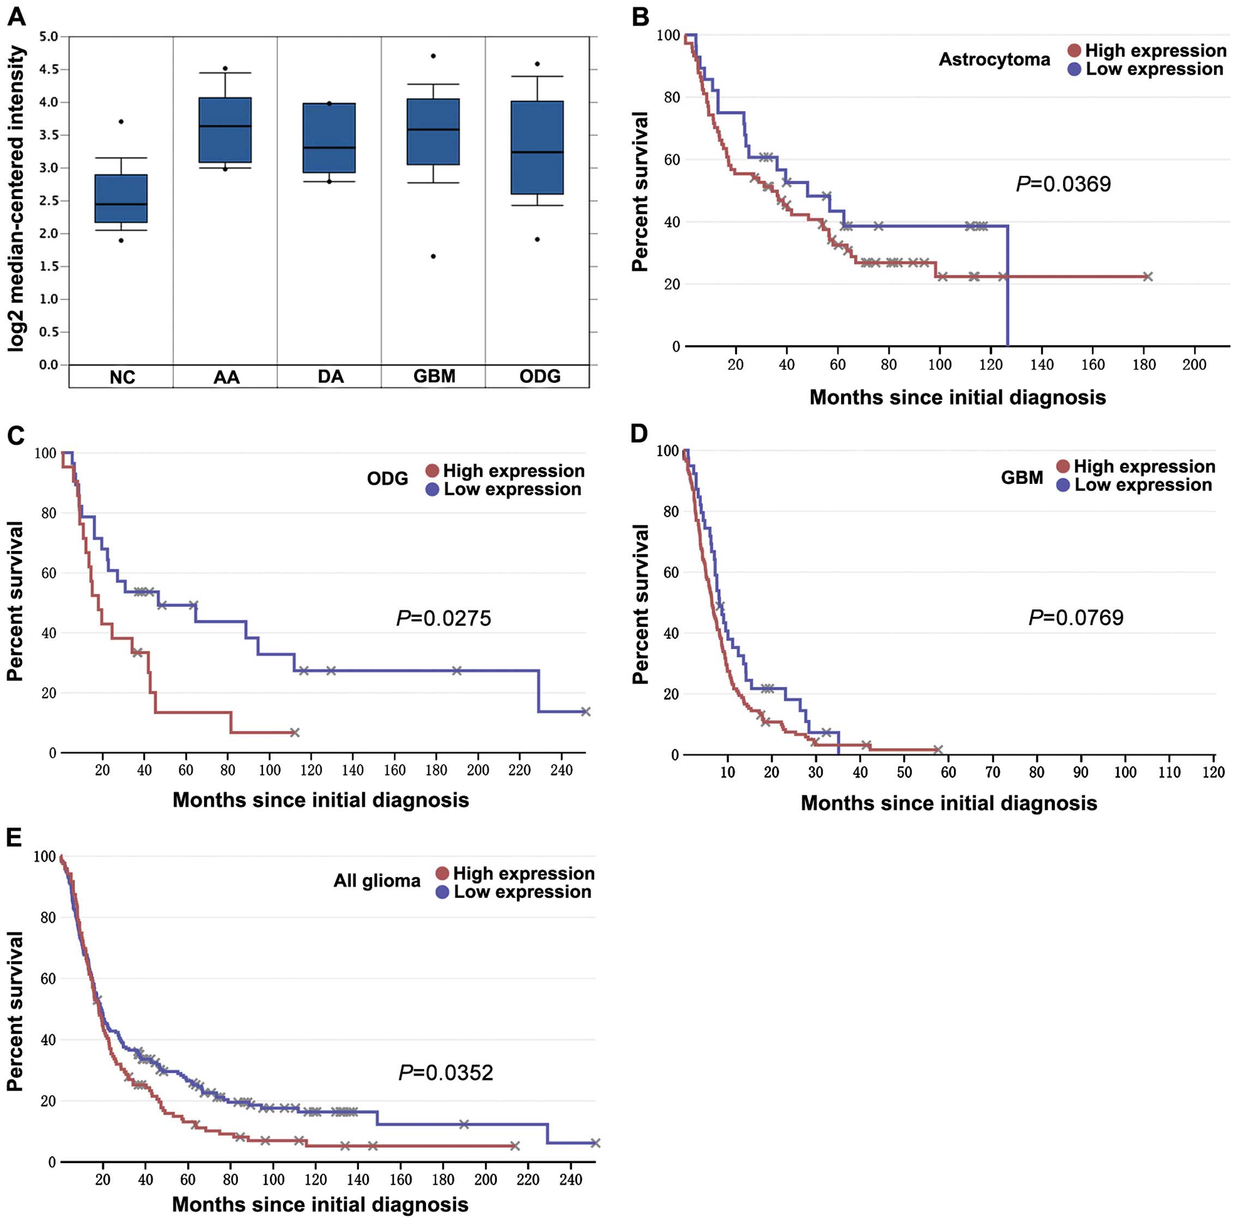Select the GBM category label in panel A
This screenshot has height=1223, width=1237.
click(434, 376)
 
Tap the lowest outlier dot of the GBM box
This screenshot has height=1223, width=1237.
click(434, 256)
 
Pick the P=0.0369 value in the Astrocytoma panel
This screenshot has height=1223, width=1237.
click(1064, 184)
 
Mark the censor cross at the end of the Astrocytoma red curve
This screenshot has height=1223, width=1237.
click(1148, 277)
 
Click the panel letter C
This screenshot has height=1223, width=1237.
click(15, 435)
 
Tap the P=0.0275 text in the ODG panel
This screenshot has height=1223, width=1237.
click(444, 618)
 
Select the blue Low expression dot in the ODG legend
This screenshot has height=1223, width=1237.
click(432, 490)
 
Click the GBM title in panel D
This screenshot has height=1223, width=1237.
click(1022, 478)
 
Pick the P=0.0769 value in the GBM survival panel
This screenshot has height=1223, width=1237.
click(1076, 618)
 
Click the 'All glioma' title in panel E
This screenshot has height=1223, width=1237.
click(376, 881)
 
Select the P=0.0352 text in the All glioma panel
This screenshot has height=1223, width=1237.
click(446, 1072)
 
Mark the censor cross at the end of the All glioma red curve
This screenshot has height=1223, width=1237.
click(515, 1146)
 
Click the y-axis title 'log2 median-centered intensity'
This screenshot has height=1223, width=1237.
click(17, 199)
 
